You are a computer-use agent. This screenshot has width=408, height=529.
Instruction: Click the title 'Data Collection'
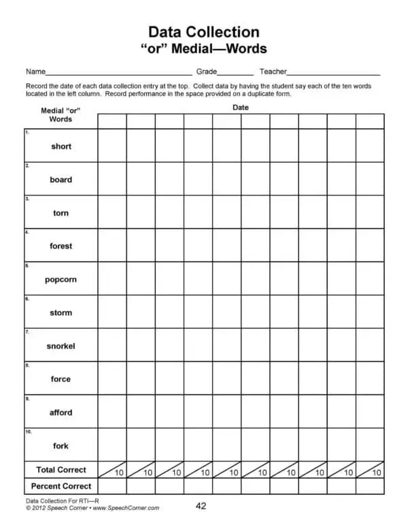coord(203,32)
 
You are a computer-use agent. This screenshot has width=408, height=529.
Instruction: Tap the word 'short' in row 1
coord(61,146)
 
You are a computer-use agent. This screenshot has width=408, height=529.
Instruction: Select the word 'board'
coord(61,180)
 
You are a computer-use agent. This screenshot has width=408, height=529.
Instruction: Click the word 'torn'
coord(61,213)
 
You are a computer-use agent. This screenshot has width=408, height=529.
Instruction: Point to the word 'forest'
coord(61,246)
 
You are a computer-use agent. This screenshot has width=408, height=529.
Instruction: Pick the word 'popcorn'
coord(61,279)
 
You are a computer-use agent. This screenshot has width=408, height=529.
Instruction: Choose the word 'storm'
coord(61,312)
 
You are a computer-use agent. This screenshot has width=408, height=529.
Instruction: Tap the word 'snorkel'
coord(61,346)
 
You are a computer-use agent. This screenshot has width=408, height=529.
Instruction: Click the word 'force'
coord(61,379)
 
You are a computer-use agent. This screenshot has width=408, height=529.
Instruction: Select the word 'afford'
coord(61,413)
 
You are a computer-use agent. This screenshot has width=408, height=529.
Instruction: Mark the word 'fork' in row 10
coord(61,446)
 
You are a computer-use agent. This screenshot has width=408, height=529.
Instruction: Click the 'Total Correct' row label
coord(61,470)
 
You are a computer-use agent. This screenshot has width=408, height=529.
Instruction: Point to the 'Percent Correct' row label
coord(61,486)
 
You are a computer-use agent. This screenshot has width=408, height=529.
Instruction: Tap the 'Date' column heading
coord(241,108)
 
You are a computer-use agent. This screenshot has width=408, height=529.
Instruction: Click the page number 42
coord(201,506)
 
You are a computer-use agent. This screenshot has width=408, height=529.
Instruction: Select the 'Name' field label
coord(35,71)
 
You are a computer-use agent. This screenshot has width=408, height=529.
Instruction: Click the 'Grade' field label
coord(207,71)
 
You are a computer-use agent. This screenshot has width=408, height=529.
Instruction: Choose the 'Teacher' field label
coord(273,71)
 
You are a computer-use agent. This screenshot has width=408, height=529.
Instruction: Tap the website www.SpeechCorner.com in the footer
coord(126,508)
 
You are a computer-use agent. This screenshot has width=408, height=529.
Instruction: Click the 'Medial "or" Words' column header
coord(61,115)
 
